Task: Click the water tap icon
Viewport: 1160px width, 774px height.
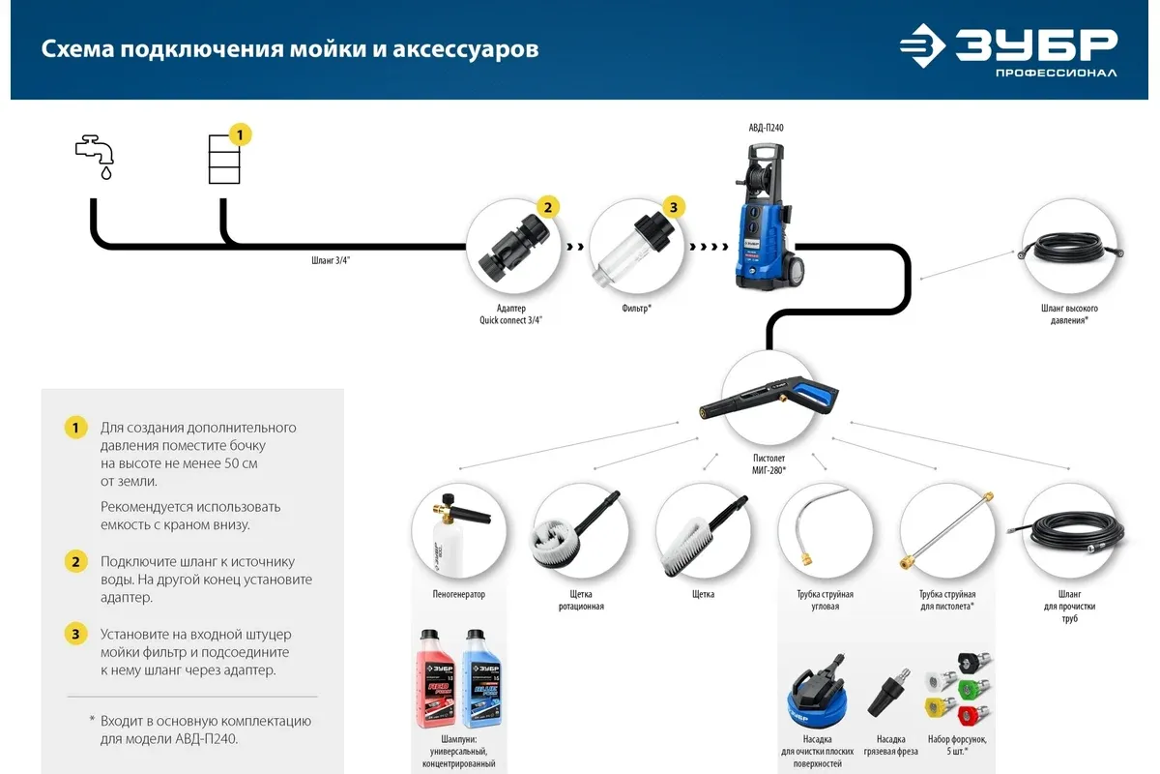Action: [95, 157]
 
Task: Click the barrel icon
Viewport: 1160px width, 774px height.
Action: [224, 160]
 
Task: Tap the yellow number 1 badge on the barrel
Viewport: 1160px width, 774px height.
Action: [240, 134]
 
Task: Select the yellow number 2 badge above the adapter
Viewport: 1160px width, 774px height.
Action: [548, 207]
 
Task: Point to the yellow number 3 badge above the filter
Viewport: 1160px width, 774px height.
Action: [673, 207]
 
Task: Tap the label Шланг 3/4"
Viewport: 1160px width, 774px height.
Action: [331, 260]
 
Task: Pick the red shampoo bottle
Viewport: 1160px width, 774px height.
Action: [436, 678]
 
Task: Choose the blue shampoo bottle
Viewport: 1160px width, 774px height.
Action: [482, 678]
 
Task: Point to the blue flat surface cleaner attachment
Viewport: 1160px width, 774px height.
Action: [818, 692]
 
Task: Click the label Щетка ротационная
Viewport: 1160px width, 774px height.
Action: [581, 600]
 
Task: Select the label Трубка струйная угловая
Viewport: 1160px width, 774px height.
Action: [825, 600]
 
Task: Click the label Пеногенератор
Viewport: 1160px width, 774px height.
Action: [459, 594]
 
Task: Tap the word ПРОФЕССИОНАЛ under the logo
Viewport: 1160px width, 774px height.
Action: [1056, 74]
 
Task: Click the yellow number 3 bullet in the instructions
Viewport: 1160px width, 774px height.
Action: [75, 634]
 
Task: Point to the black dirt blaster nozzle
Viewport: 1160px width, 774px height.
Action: [888, 693]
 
